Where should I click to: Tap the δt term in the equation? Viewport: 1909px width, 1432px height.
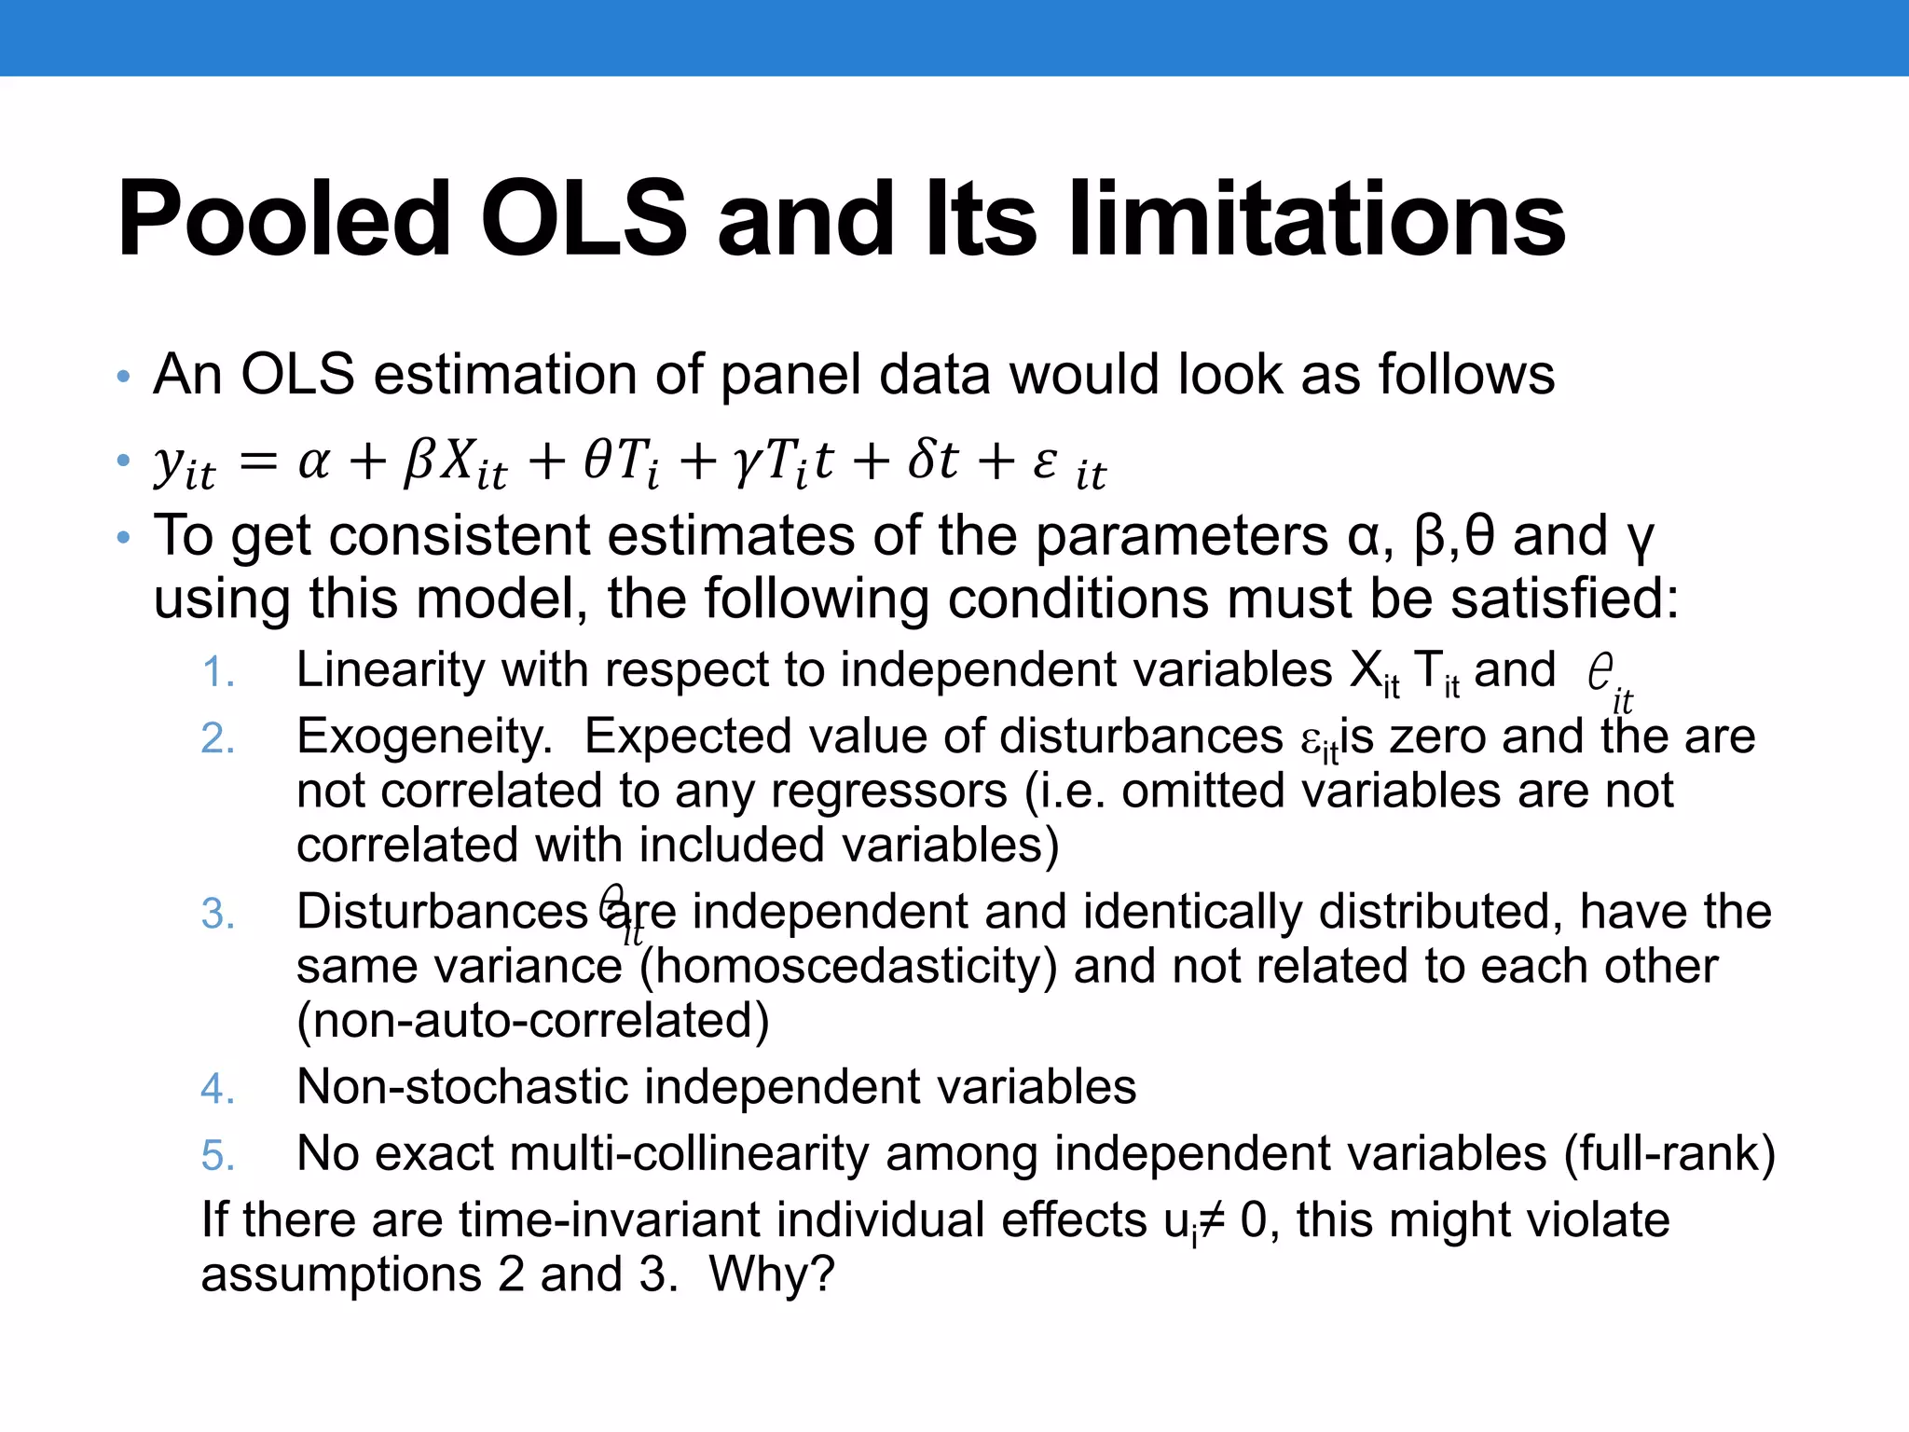(933, 461)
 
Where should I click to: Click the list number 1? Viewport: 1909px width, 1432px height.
(218, 673)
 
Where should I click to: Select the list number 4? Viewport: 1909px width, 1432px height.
(218, 1089)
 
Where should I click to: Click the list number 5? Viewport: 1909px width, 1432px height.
(218, 1156)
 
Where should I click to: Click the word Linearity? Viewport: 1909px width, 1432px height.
(390, 671)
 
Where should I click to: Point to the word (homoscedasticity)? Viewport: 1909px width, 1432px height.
(848, 967)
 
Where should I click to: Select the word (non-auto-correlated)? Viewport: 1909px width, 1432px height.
(532, 1021)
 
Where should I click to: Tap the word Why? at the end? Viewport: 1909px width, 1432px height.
(772, 1275)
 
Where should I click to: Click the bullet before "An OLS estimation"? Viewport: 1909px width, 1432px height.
(123, 378)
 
